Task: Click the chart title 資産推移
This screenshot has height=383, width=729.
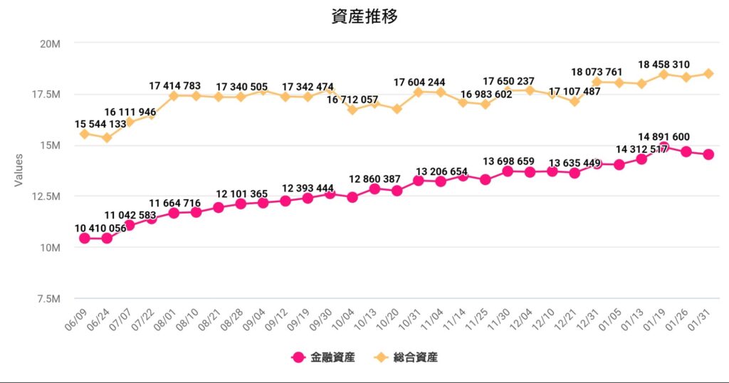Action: (x=364, y=16)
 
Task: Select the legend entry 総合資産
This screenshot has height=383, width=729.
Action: (x=415, y=357)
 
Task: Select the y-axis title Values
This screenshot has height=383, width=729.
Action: (x=19, y=171)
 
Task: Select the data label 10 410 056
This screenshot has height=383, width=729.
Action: (x=101, y=227)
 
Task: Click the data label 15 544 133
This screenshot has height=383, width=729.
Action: (x=101, y=124)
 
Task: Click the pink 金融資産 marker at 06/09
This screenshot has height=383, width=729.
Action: (x=85, y=238)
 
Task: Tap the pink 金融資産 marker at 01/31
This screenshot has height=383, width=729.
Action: (x=708, y=154)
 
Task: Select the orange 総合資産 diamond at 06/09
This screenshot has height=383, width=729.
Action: (x=85, y=134)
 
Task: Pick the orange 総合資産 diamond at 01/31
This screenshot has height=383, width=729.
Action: (x=708, y=73)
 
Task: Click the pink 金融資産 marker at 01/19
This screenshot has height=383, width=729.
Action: (x=664, y=147)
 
